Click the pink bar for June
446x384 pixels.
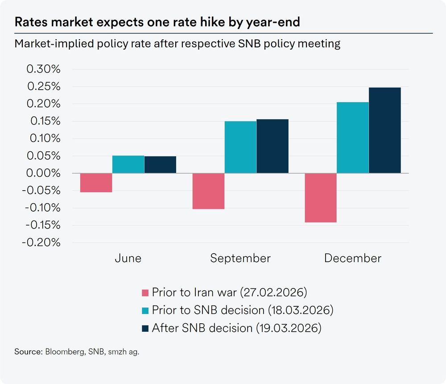(x=96, y=183)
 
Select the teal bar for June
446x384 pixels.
(x=128, y=164)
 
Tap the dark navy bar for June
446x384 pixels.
(x=160, y=165)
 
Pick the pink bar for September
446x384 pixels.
(x=208, y=191)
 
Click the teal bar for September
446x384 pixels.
(x=240, y=147)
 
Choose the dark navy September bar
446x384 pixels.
(x=273, y=146)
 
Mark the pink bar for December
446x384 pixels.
(x=320, y=198)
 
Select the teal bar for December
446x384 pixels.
(x=353, y=138)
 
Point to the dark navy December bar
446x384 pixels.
(x=384, y=130)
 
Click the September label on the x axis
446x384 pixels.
(x=240, y=258)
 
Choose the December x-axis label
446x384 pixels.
(x=353, y=258)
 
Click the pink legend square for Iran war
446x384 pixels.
(x=145, y=293)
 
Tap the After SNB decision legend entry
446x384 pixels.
(x=236, y=328)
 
